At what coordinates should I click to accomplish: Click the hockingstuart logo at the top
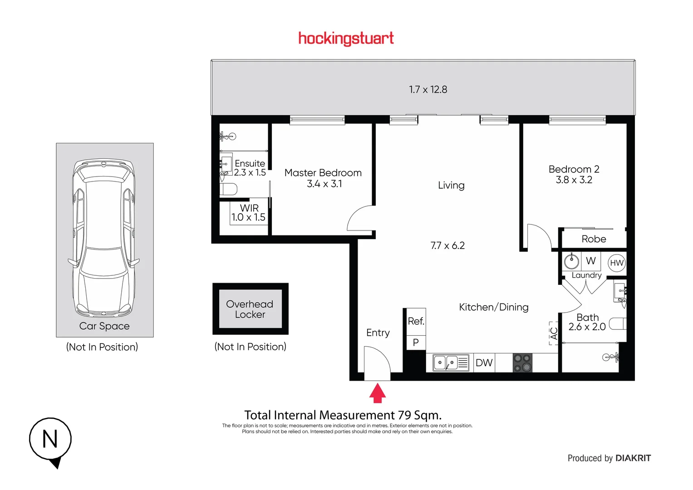pyautogui.click(x=346, y=39)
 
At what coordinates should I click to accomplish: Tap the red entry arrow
pyautogui.click(x=377, y=393)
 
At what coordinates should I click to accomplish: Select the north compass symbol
pyautogui.click(x=50, y=440)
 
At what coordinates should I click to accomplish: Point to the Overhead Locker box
pyautogui.click(x=250, y=309)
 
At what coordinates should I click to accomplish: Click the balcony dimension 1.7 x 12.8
pyautogui.click(x=428, y=89)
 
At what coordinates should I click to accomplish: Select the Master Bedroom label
pyautogui.click(x=323, y=173)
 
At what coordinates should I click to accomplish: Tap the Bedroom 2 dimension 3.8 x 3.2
pyautogui.click(x=574, y=180)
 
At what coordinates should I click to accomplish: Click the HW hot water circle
pyautogui.click(x=616, y=263)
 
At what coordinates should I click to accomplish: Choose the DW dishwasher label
pyautogui.click(x=484, y=363)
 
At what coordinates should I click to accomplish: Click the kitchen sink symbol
pyautogui.click(x=451, y=363)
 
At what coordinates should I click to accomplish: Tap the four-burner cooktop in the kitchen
pyautogui.click(x=522, y=363)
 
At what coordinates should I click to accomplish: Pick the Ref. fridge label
pyautogui.click(x=416, y=321)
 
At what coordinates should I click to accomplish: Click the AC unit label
pyautogui.click(x=554, y=333)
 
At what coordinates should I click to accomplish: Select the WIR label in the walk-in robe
pyautogui.click(x=249, y=208)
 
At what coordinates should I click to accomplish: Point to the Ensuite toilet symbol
pyautogui.click(x=228, y=189)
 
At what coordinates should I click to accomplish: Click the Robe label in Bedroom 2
pyautogui.click(x=594, y=239)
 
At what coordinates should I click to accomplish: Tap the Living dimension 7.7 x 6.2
pyautogui.click(x=447, y=246)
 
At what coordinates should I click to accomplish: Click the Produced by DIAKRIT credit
pyautogui.click(x=609, y=458)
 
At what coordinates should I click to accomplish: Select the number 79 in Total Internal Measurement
pyautogui.click(x=404, y=415)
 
